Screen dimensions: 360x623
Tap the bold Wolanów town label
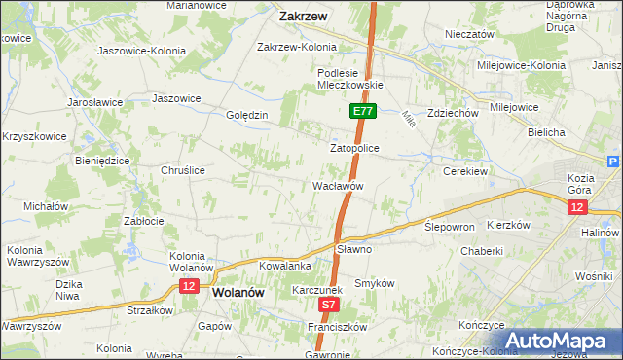coord(238,291)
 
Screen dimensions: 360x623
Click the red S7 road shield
coord(330,306)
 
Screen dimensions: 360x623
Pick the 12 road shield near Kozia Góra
coord(578,208)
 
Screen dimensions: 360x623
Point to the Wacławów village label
coord(338,185)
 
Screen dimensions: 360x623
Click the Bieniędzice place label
coord(102,161)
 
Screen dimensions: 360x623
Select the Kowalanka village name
coord(285,265)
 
